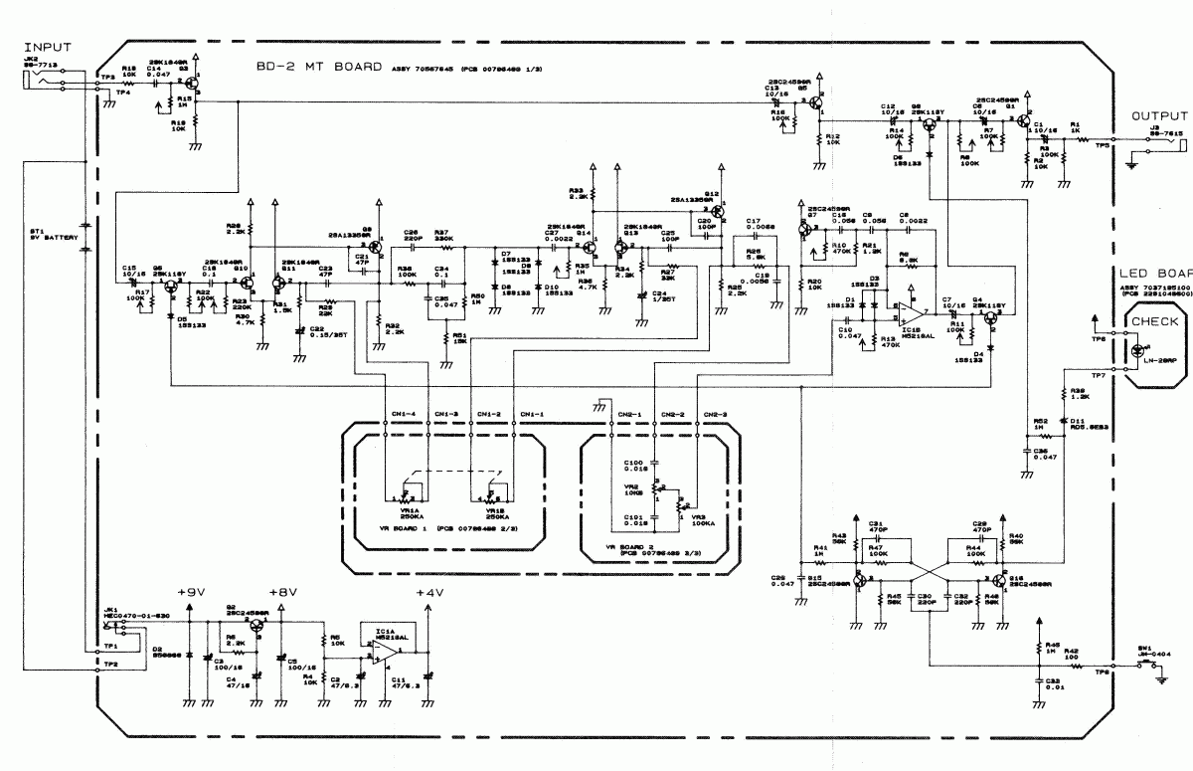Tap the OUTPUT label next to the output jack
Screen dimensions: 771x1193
click(x=1159, y=116)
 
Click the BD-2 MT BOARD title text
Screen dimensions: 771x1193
click(x=317, y=68)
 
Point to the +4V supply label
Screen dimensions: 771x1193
click(x=429, y=593)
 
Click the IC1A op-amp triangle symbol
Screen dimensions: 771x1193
click(x=381, y=652)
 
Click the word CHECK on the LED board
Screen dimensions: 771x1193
click(x=1155, y=321)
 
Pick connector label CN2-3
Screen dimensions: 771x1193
click(x=715, y=414)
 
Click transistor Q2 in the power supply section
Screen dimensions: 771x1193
click(x=256, y=624)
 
